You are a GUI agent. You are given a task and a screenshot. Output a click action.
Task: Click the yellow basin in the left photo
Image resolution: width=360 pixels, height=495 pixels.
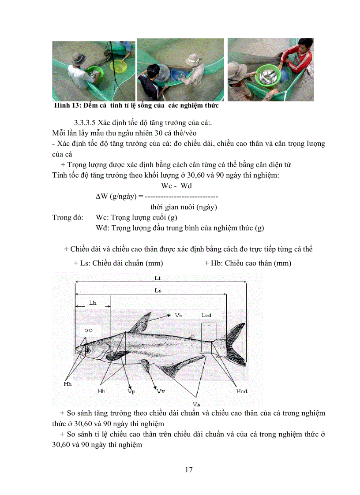(x=118, y=66)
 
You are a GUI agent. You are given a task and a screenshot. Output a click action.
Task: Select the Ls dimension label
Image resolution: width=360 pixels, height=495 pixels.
(x=157, y=290)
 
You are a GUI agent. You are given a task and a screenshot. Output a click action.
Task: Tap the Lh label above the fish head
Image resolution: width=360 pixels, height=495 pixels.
(x=93, y=303)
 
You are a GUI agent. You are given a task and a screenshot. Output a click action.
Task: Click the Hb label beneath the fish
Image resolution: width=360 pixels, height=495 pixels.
(x=101, y=391)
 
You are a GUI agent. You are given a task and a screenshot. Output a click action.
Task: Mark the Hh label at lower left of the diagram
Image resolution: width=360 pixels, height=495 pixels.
(x=67, y=384)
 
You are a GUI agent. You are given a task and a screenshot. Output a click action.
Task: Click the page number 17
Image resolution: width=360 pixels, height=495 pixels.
(x=188, y=469)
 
